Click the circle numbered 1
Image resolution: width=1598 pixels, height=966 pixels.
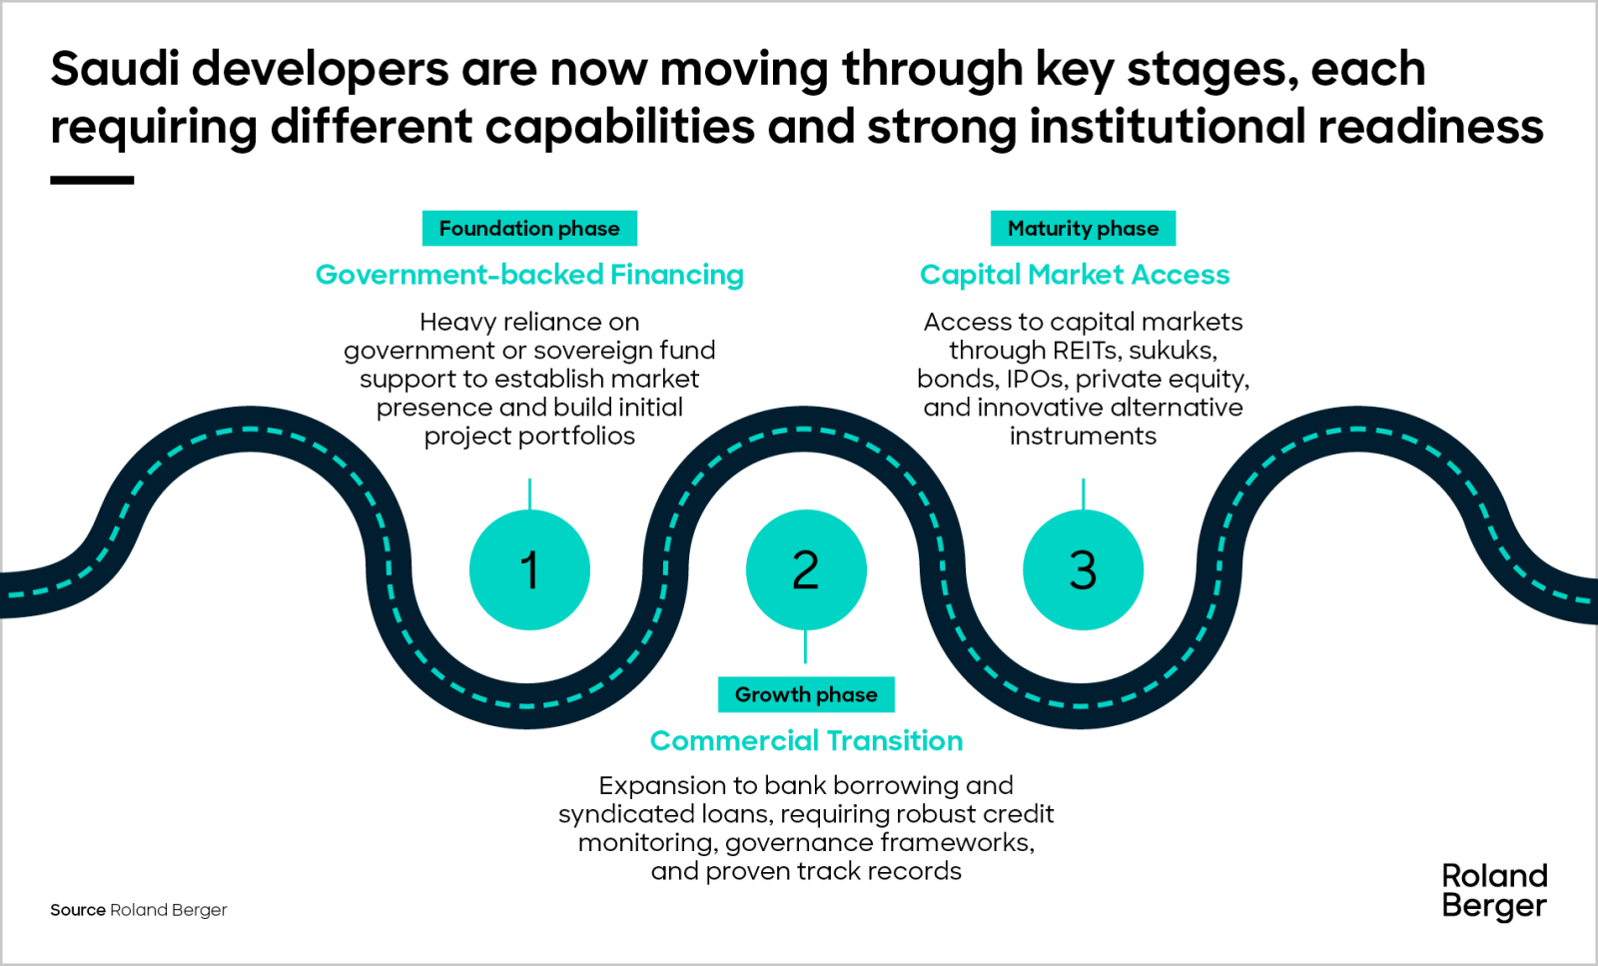tap(529, 569)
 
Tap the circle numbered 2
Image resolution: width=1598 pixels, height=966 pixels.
tap(806, 569)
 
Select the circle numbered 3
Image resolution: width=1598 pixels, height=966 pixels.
tap(1083, 569)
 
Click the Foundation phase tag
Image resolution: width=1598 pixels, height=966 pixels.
tap(529, 229)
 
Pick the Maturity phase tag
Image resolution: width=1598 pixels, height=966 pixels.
tap(1083, 229)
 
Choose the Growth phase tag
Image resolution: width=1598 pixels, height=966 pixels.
tap(806, 694)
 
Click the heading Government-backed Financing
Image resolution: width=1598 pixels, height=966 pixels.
tap(529, 275)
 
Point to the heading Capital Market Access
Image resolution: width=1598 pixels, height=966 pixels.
tap(1075, 275)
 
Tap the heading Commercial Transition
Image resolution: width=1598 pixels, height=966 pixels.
tap(806, 740)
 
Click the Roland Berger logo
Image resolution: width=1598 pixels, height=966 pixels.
tap(1494, 890)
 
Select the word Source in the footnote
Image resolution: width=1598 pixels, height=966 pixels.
tap(78, 910)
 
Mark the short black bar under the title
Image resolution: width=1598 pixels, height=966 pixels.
tap(92, 181)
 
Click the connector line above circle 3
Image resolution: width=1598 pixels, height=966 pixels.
tap(1083, 494)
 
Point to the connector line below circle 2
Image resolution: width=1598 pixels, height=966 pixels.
tap(806, 646)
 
